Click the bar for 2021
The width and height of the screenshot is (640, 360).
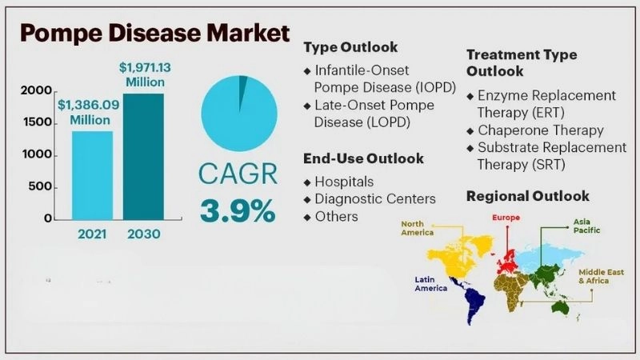[x=92, y=174]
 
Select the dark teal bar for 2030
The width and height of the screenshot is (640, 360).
[x=142, y=156]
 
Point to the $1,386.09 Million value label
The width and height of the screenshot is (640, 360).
[x=89, y=112]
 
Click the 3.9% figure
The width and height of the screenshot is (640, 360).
[x=238, y=210]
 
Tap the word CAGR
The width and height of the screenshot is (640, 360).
[x=238, y=174]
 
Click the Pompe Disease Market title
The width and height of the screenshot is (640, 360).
[x=154, y=34]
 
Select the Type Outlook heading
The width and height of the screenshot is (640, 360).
[x=350, y=47]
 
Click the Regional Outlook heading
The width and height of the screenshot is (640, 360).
[x=527, y=196]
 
